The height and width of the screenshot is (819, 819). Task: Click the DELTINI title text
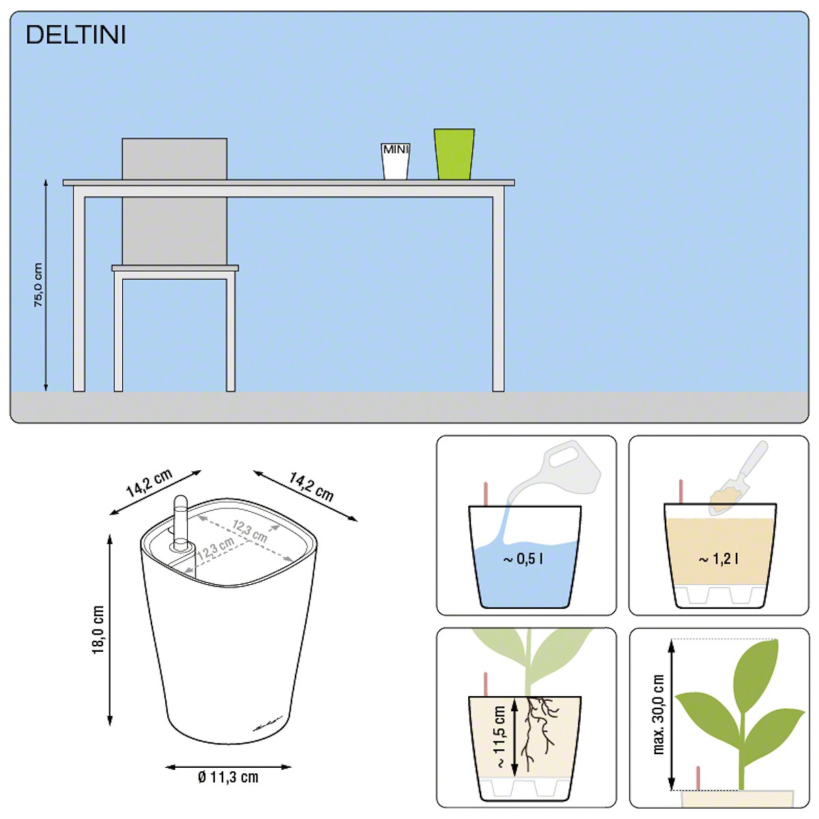click(x=76, y=35)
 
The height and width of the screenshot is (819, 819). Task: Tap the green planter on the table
click(x=455, y=154)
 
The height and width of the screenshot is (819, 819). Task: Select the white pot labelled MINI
click(x=396, y=161)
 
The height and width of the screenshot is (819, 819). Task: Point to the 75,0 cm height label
click(x=38, y=285)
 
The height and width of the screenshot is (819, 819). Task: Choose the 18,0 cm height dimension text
click(x=98, y=630)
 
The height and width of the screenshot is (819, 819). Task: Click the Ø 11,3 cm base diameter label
click(x=228, y=777)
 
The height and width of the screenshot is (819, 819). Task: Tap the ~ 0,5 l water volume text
click(x=523, y=559)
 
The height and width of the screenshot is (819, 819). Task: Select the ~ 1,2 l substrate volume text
click(x=718, y=560)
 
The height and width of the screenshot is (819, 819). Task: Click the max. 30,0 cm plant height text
click(x=659, y=715)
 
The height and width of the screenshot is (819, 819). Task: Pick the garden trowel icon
click(x=739, y=479)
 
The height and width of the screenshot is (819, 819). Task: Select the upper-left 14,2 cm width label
click(x=149, y=483)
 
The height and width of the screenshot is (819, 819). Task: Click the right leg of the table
click(x=498, y=294)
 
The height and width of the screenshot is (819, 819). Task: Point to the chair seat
click(x=175, y=268)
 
